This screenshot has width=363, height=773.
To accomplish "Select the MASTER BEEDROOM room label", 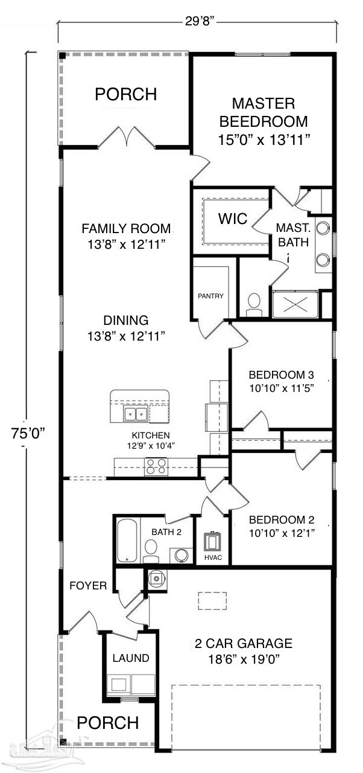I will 264,112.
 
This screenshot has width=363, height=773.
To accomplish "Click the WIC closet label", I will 233,219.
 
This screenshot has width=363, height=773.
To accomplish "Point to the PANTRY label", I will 210,296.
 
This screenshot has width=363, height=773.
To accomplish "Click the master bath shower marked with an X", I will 296,304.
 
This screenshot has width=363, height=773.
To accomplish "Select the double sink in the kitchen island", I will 135,414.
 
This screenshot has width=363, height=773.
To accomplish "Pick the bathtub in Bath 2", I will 128,539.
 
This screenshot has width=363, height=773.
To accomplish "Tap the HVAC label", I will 213,557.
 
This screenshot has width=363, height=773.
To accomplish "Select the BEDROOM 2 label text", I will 281,519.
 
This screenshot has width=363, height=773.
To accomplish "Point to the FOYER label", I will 88,585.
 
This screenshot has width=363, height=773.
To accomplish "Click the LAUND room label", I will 131,658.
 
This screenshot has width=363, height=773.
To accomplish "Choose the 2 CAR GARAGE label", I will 243,643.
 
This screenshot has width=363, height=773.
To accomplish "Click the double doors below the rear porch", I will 127,138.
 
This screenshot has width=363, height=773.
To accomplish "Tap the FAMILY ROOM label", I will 127,229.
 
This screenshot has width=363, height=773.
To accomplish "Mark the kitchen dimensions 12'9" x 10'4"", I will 151,446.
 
